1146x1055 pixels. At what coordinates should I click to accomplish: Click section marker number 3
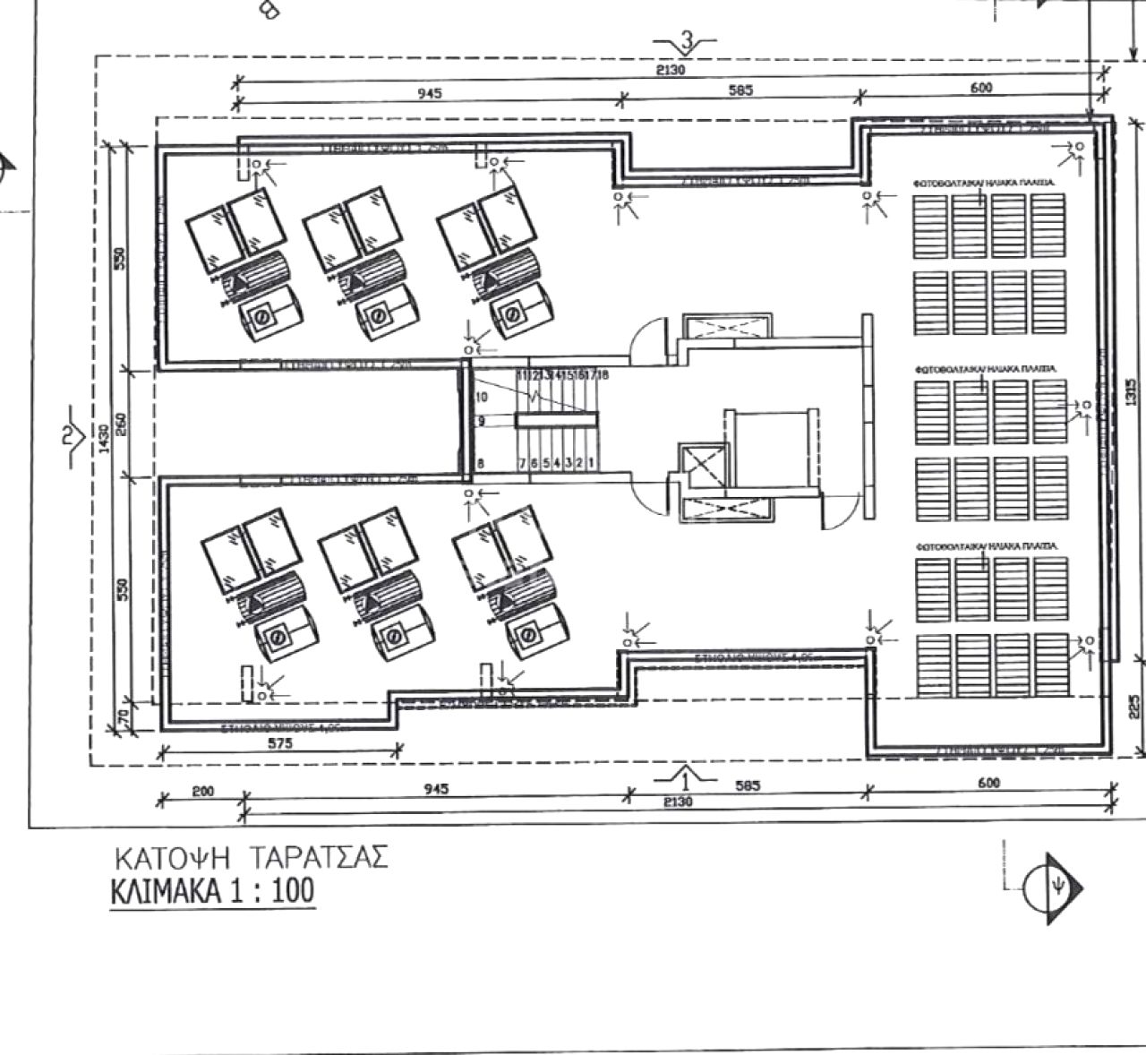(x=687, y=40)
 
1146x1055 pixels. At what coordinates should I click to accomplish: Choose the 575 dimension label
(x=280, y=742)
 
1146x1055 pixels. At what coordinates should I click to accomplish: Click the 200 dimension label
(x=203, y=791)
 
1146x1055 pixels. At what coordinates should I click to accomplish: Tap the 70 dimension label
(x=124, y=716)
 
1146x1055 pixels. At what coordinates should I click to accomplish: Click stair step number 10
(x=481, y=397)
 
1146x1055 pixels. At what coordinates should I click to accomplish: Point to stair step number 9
(x=481, y=421)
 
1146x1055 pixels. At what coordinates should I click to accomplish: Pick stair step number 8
(x=481, y=463)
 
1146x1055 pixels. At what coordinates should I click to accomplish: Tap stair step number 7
(x=522, y=463)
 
